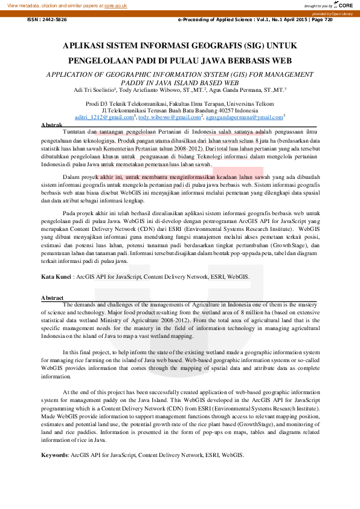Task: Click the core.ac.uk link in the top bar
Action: coord(116,5)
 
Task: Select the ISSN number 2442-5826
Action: coord(55,19)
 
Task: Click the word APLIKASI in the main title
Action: coord(88,46)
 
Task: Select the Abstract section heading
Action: coord(53,298)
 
